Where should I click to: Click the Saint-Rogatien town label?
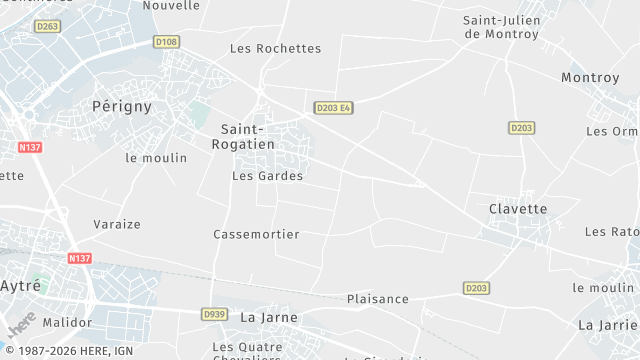point(241,136)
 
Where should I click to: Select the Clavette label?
point(518,208)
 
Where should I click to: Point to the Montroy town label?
point(591,77)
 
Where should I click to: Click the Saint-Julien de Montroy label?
point(501,27)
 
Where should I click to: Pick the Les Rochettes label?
point(275,48)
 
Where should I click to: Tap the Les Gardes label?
point(267,176)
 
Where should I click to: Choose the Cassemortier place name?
point(256,234)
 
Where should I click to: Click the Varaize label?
point(117,224)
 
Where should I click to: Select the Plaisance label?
point(377,299)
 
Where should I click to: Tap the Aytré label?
point(20,285)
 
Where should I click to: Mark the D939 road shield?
point(214,314)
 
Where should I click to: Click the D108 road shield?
point(167,42)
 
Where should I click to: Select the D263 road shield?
point(47,27)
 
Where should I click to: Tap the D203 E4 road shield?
point(333,108)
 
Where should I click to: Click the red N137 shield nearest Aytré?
point(80,258)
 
